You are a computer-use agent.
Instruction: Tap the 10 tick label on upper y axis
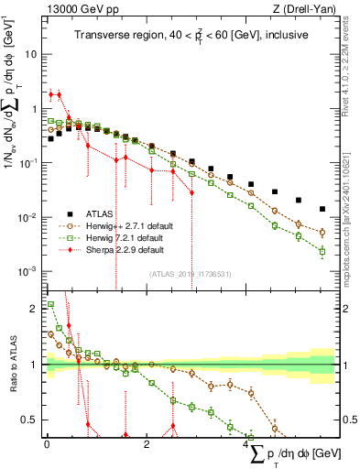tap(30, 54)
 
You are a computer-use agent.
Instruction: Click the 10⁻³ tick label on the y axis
tap(28, 271)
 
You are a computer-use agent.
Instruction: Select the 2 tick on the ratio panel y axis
tap(35, 308)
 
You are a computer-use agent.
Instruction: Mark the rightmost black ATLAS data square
tap(322, 209)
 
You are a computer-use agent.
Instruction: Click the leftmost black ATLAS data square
tap(50, 139)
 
